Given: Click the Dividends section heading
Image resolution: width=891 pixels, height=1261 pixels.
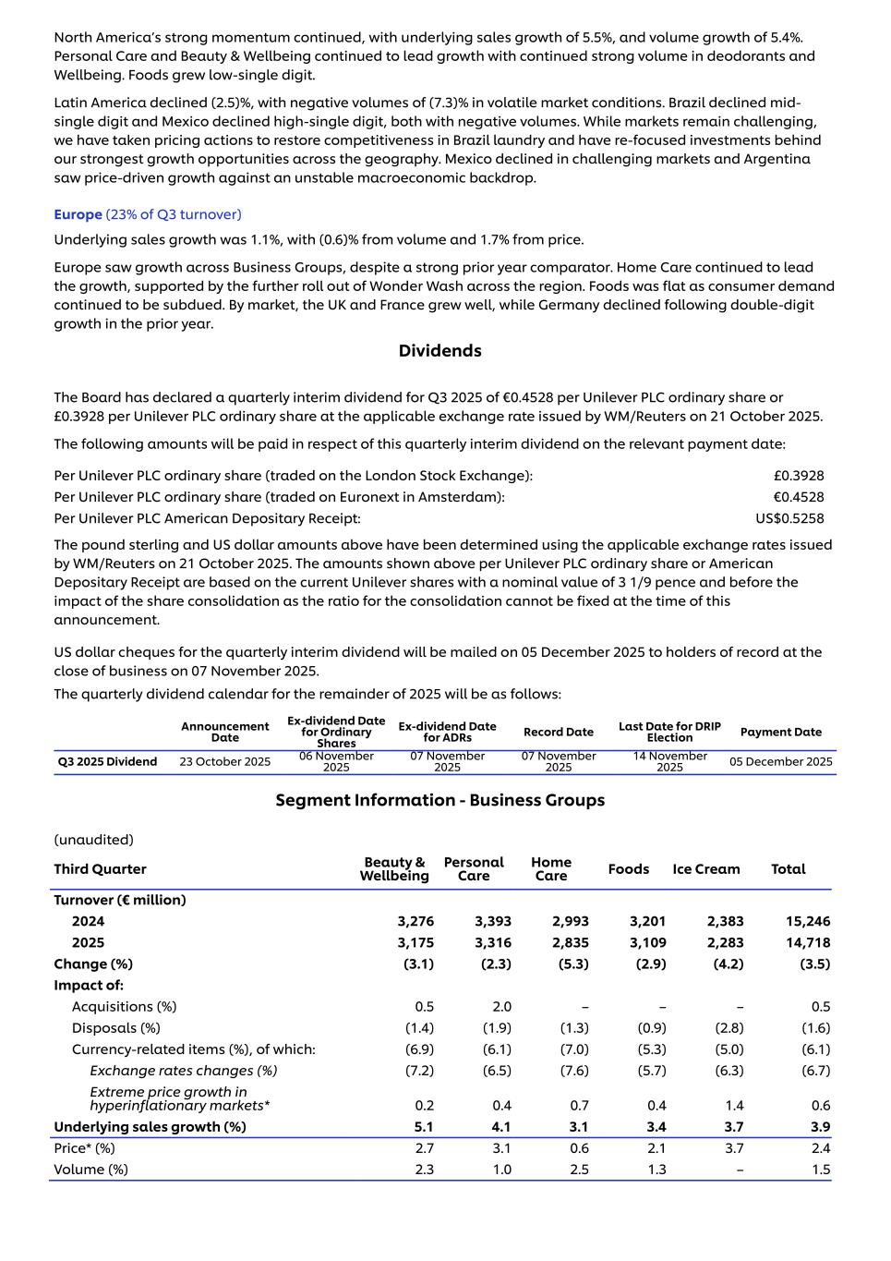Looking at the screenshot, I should pyautogui.click(x=439, y=351).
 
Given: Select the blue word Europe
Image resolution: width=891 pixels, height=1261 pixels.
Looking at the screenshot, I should pyautogui.click(x=78, y=214).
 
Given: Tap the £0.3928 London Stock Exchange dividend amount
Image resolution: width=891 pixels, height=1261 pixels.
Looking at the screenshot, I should pyautogui.click(x=798, y=476).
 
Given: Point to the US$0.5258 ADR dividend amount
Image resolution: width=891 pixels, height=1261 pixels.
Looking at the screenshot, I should pyautogui.click(x=789, y=518).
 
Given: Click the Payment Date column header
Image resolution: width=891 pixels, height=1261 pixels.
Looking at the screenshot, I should pyautogui.click(x=780, y=732).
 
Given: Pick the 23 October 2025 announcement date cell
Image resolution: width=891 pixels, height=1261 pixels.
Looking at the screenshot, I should pyautogui.click(x=224, y=762).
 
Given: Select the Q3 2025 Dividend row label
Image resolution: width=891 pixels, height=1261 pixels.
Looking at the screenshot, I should pyautogui.click(x=107, y=762).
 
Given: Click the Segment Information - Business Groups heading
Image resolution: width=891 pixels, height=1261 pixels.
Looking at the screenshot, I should pyautogui.click(x=439, y=800).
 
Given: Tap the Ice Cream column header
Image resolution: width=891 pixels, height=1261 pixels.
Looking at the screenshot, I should pyautogui.click(x=705, y=869).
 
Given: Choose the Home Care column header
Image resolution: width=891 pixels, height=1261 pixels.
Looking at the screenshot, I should pyautogui.click(x=551, y=869).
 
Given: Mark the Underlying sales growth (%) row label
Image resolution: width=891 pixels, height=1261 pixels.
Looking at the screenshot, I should pyautogui.click(x=150, y=1127).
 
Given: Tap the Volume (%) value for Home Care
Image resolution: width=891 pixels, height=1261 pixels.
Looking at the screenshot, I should pyautogui.click(x=578, y=1170).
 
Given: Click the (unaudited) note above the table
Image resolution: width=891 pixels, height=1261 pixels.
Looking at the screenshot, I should pyautogui.click(x=93, y=840).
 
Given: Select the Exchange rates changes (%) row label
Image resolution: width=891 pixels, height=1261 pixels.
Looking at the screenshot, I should pyautogui.click(x=183, y=1071).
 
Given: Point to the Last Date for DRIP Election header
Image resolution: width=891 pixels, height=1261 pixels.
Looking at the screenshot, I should pyautogui.click(x=669, y=732).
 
